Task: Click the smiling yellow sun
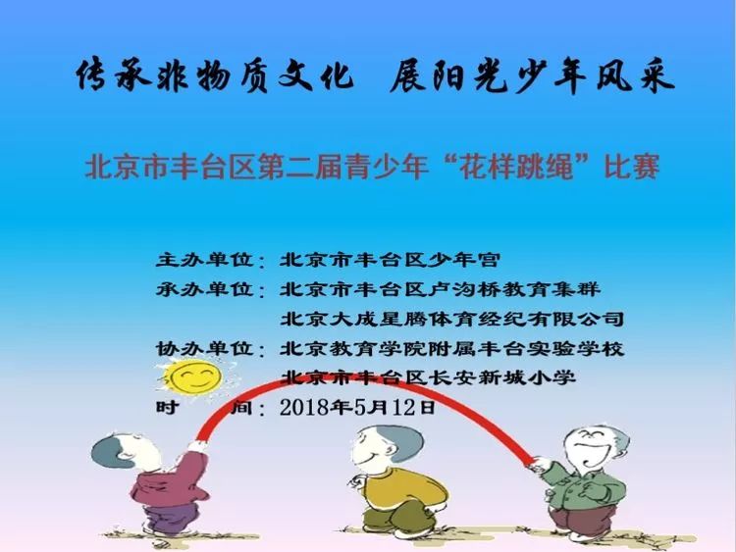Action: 195,377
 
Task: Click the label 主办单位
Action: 205,260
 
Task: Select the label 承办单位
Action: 205,289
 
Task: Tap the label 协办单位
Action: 205,348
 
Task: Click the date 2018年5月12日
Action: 357,407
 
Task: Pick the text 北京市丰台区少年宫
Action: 390,260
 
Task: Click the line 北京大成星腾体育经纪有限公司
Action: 452,319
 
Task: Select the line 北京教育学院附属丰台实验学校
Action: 452,348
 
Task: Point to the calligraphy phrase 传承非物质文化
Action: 215,75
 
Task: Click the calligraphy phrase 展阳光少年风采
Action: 532,75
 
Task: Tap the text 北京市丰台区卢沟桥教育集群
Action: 441,289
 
